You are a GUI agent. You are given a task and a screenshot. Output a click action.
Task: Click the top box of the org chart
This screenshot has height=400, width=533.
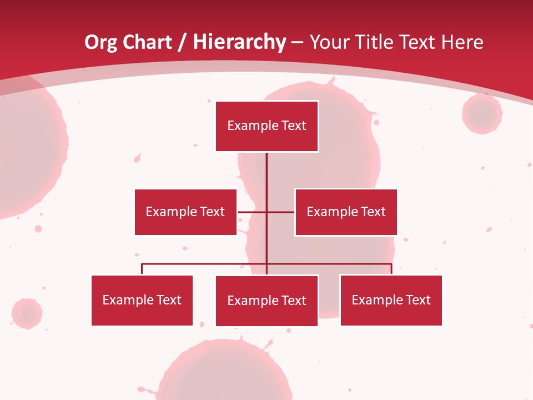pyautogui.click(x=266, y=126)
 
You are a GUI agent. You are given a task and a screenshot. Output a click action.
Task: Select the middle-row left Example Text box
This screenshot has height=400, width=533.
pyautogui.click(x=185, y=212)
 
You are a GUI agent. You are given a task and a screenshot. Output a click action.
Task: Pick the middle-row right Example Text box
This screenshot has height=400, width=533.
pyautogui.click(x=346, y=212)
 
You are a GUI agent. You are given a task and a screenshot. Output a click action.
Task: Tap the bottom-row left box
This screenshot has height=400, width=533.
pyautogui.click(x=142, y=300)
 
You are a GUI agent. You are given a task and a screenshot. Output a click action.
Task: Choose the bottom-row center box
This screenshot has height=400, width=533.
pyautogui.click(x=266, y=301)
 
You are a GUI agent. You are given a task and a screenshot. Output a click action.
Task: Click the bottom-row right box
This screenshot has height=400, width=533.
pyautogui.click(x=391, y=300)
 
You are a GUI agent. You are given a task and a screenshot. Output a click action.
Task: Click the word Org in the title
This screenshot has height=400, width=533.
pyautogui.click(x=101, y=42)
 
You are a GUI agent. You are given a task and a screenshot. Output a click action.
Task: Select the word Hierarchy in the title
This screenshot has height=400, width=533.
pyautogui.click(x=239, y=42)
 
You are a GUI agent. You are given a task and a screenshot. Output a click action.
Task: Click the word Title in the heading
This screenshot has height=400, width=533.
pyautogui.click(x=376, y=42)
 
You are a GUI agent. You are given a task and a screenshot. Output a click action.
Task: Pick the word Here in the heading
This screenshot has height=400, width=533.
pyautogui.click(x=462, y=42)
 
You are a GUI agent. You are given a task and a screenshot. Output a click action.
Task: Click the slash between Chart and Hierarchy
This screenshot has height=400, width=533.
pyautogui.click(x=182, y=42)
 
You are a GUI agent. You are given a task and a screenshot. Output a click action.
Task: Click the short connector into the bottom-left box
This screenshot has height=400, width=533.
pyautogui.click(x=142, y=269)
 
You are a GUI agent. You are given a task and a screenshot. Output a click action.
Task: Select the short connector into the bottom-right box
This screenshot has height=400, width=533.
pyautogui.click(x=391, y=269)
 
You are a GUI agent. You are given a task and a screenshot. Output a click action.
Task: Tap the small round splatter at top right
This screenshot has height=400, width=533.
pyautogui.click(x=481, y=114)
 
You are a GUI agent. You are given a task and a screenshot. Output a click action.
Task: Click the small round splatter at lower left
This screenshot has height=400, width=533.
pyautogui.click(x=26, y=313)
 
